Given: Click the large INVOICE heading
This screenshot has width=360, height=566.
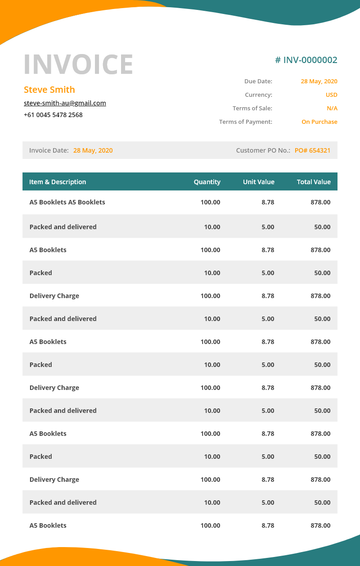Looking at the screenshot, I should click(x=78, y=64).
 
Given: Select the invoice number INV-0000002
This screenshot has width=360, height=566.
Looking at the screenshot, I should click(x=306, y=60).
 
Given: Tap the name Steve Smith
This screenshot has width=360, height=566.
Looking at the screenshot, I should click(x=49, y=90).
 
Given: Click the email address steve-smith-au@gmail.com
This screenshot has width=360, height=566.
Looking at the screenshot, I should click(x=65, y=103).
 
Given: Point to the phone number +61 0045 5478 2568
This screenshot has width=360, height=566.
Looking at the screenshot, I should click(x=53, y=115).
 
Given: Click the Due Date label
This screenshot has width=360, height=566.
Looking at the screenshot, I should click(x=258, y=82).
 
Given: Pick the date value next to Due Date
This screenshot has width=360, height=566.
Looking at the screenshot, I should click(x=319, y=82).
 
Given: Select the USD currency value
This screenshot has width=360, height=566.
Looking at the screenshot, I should click(x=331, y=95).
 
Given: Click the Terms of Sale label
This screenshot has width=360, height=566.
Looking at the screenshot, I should click(x=252, y=109).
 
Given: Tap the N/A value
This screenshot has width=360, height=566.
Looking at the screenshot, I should click(x=332, y=109).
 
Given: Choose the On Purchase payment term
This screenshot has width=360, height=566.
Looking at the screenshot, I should click(x=319, y=122).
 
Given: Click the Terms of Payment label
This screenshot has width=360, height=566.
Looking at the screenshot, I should click(x=246, y=122).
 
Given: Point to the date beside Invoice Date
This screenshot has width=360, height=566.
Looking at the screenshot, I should click(x=93, y=150).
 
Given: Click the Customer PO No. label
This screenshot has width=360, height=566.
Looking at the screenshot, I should click(x=263, y=150).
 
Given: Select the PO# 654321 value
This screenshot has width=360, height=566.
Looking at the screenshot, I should click(x=312, y=150).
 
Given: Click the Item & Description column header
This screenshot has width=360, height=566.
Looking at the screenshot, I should click(x=58, y=182).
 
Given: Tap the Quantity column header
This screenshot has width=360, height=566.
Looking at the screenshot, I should click(x=207, y=182).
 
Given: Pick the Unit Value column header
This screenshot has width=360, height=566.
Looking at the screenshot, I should click(x=259, y=182).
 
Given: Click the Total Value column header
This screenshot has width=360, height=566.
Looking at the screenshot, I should click(x=314, y=182).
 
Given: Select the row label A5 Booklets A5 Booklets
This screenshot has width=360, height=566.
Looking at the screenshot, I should click(x=67, y=202).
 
